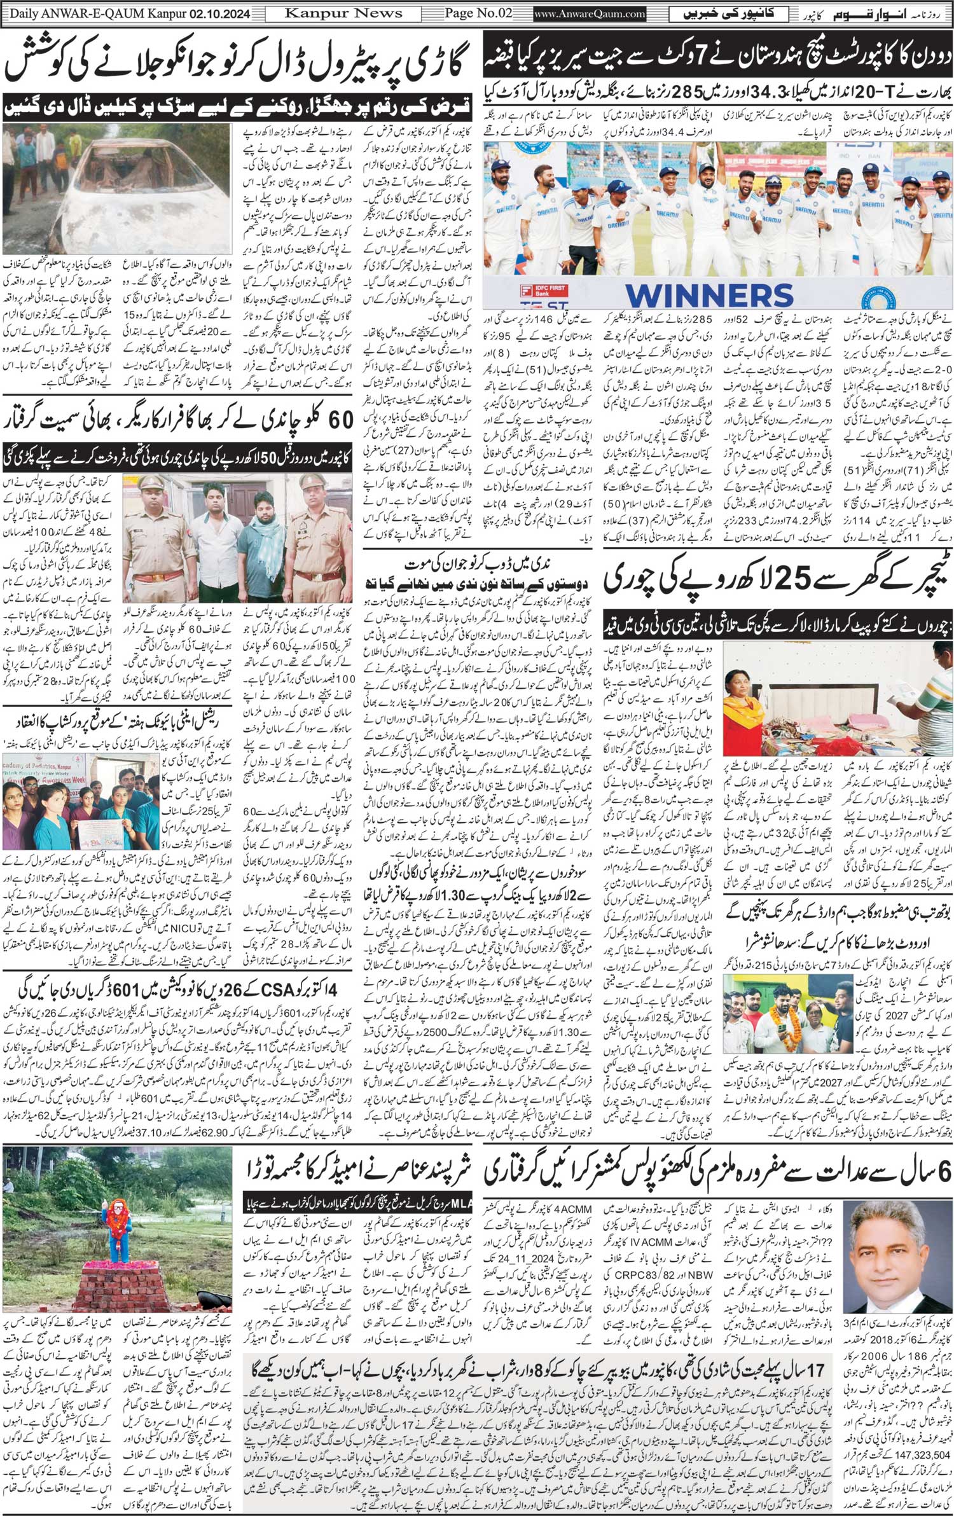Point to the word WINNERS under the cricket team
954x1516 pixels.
tap(709, 294)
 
